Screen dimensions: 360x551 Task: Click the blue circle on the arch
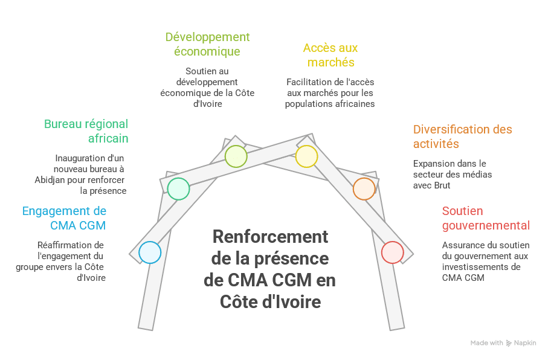[149, 252]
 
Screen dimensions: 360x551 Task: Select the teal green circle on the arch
[178, 189]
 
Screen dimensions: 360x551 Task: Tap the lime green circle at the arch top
[236, 156]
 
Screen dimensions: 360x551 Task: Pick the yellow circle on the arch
[306, 156]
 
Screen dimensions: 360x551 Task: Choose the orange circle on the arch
[364, 188]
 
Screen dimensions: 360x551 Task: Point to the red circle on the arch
[392, 252]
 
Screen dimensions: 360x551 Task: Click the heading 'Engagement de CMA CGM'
[65, 218]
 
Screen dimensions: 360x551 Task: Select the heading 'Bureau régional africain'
[86, 131]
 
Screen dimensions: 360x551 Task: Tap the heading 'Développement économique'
[207, 44]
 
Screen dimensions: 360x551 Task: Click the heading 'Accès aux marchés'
[330, 55]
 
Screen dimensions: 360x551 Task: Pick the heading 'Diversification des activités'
[462, 137]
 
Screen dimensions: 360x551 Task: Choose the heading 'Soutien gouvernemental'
[485, 218]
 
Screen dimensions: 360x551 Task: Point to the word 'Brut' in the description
[441, 185]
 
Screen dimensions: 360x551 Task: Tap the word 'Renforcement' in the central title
[270, 237]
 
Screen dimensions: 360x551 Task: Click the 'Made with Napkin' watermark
[502, 343]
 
